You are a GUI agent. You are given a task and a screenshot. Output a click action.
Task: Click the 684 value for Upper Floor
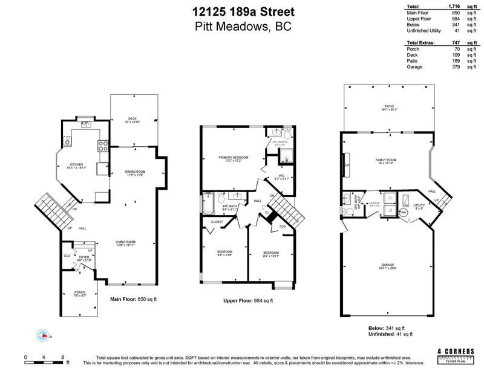(456, 19)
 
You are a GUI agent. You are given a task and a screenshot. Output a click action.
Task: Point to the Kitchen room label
(76, 164)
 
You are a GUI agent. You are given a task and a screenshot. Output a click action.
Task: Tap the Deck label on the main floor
(132, 118)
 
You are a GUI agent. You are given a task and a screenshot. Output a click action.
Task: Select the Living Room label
(126, 242)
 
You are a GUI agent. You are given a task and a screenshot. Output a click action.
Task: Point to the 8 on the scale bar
(63, 358)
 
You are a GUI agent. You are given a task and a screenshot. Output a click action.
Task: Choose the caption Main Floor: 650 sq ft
(133, 299)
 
